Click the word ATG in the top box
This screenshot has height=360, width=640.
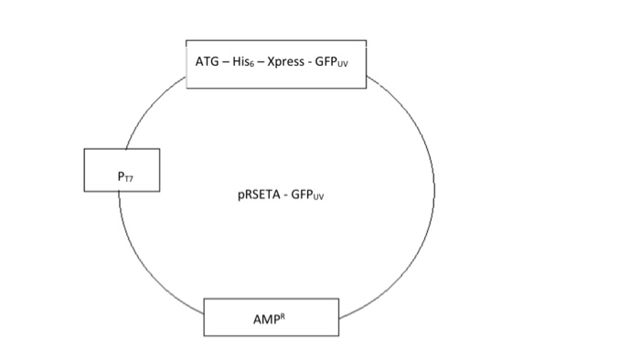tap(207, 63)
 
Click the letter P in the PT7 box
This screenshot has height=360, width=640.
tap(119, 171)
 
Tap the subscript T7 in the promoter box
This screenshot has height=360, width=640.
tap(126, 174)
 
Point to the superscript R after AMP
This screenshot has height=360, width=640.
tap(277, 315)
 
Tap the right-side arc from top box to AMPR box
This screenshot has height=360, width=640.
tap(430, 201)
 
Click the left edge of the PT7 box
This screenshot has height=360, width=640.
tap(84, 170)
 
